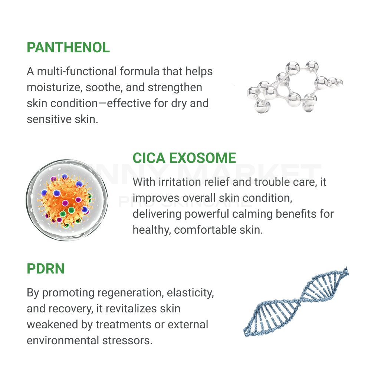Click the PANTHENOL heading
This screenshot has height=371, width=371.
tap(68, 47)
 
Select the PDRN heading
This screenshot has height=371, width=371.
tap(46, 269)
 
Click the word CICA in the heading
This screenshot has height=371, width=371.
tap(149, 158)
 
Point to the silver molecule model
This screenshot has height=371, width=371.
tap(295, 87)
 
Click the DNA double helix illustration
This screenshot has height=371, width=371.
tap(296, 302)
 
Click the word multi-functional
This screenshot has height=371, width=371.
tap(77, 71)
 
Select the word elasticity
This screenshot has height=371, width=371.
tap(190, 293)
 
